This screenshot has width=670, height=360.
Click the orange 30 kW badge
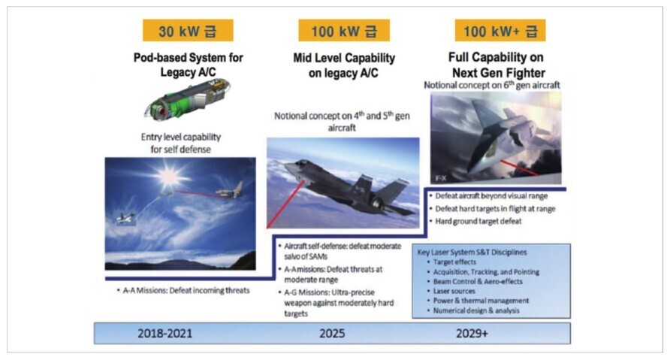(x=188, y=30)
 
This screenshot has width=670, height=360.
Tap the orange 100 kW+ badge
(x=500, y=30)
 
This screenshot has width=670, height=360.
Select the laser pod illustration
(x=188, y=98)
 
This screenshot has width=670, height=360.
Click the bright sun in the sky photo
(x=169, y=176)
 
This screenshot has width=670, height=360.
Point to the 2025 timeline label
(x=332, y=334)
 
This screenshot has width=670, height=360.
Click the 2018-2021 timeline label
(x=165, y=334)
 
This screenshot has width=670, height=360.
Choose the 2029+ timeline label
(x=472, y=334)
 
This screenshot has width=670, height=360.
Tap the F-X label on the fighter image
(x=442, y=178)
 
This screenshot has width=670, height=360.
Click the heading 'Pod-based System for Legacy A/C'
(x=188, y=65)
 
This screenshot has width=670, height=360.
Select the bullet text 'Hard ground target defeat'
(x=478, y=222)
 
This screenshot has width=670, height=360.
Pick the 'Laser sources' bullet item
(x=454, y=291)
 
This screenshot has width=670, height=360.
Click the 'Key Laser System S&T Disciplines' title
(x=472, y=253)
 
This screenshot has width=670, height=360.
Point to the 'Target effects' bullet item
(x=454, y=262)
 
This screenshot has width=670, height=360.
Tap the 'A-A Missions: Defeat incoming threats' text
(x=186, y=291)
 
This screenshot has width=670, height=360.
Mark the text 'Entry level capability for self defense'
(x=181, y=144)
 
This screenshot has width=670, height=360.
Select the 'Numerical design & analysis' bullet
(x=476, y=311)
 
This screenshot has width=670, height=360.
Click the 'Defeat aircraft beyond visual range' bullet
(x=491, y=196)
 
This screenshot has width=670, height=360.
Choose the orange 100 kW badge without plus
(x=344, y=30)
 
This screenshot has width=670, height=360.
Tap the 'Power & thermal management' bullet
(x=481, y=301)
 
